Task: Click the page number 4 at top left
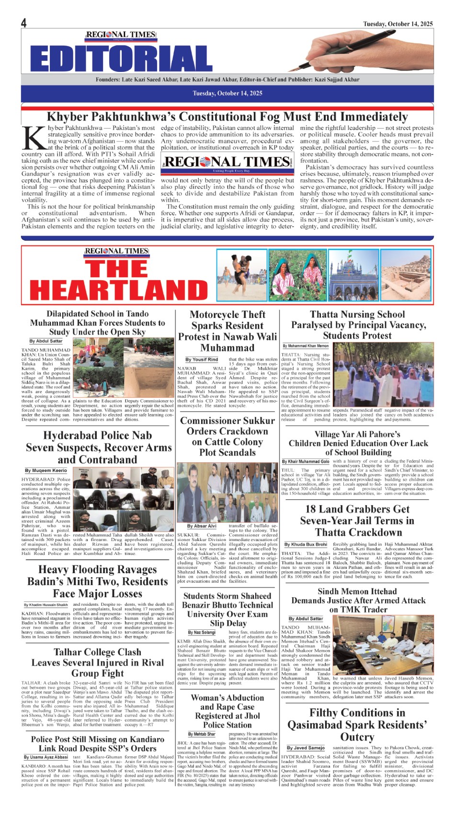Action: [24, 23]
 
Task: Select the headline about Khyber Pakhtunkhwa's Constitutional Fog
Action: [227, 117]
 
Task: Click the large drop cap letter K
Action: [34, 139]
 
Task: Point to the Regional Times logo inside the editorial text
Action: [227, 163]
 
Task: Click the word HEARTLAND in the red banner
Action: [118, 289]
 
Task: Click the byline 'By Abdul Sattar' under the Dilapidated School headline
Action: [46, 341]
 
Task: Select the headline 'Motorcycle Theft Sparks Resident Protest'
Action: [227, 331]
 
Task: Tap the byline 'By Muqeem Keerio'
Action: [46, 471]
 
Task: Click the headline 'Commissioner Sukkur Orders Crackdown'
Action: [227, 436]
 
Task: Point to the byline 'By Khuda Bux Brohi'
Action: [306, 544]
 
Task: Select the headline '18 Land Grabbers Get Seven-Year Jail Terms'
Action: [358, 520]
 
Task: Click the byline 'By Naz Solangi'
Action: [202, 633]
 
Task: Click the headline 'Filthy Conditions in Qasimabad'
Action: [357, 724]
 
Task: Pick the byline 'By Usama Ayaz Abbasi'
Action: [46, 757]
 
